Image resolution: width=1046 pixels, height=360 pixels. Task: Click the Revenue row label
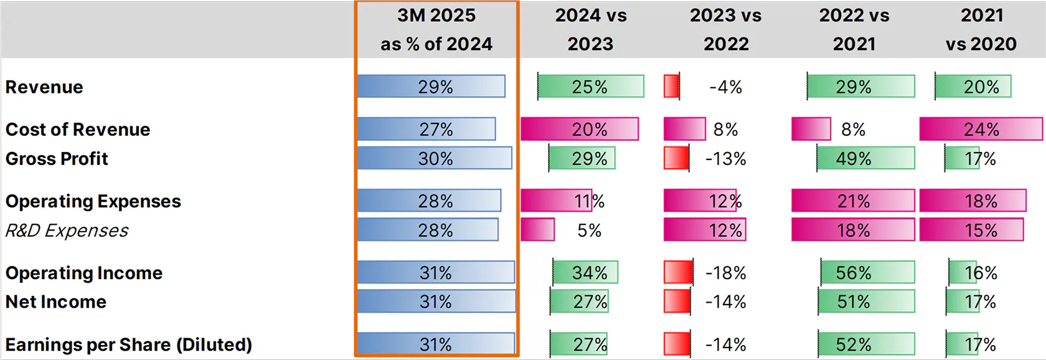(44, 87)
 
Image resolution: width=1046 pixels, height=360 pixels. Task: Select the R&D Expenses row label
(67, 230)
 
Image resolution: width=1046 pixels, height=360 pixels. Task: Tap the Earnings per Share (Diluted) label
(129, 344)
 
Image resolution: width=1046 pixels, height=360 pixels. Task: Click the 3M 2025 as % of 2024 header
(436, 30)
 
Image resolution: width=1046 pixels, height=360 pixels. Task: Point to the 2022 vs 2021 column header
(854, 30)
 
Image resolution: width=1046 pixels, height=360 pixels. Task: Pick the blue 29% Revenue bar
(431, 87)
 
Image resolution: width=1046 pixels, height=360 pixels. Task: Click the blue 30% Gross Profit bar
(435, 158)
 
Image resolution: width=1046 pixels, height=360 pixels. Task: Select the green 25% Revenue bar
(591, 87)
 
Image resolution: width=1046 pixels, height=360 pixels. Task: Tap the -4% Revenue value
(726, 87)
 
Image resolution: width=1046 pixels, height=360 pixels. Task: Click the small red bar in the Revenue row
(671, 87)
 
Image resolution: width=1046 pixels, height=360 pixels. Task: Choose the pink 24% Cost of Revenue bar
(981, 129)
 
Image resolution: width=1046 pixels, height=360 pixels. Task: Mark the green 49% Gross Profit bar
(865, 158)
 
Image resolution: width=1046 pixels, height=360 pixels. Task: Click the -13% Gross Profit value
(726, 159)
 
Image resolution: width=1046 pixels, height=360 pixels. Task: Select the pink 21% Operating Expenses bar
(853, 201)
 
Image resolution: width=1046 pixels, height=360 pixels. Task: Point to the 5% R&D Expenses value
(589, 230)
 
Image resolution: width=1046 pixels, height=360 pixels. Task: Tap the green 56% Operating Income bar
(867, 273)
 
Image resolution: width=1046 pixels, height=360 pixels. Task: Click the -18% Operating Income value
(726, 273)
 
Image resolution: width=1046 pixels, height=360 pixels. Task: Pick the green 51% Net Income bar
(867, 301)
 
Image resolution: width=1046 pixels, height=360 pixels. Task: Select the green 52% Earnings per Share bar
(867, 344)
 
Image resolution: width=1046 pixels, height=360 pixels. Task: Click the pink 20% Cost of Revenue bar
(580, 129)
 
